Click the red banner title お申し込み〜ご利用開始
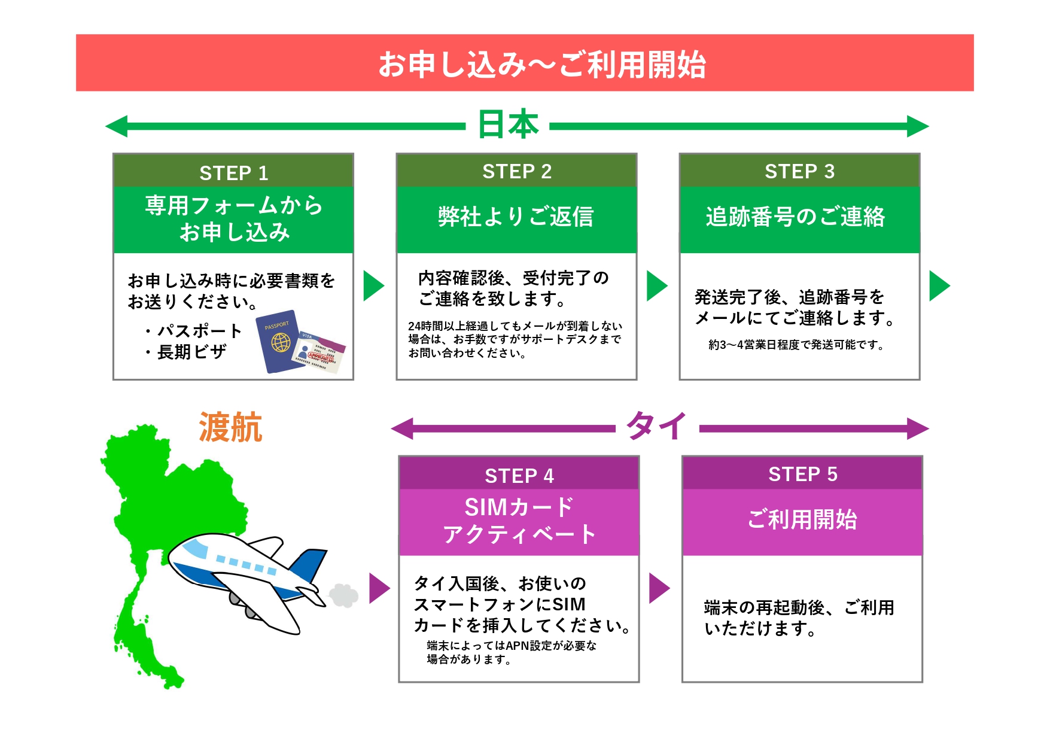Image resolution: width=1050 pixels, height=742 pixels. click(x=542, y=64)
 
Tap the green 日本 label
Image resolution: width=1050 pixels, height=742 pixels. click(x=508, y=124)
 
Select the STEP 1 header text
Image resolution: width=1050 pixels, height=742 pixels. click(x=234, y=173)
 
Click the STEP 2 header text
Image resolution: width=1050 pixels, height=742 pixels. click(x=517, y=171)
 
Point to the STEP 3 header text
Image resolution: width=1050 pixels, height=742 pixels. click(x=799, y=171)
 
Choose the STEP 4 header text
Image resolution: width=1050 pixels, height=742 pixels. click(x=519, y=476)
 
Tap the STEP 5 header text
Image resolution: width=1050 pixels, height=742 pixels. click(x=803, y=474)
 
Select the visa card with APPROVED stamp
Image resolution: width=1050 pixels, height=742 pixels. click(x=318, y=353)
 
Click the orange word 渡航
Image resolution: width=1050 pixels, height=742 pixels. click(x=230, y=427)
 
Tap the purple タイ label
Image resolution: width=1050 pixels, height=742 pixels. click(x=656, y=426)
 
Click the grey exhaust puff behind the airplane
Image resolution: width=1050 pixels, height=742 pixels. click(x=343, y=595)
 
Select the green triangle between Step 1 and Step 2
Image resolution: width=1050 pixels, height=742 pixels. click(x=373, y=286)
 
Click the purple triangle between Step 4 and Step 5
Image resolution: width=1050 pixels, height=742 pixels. click(x=659, y=588)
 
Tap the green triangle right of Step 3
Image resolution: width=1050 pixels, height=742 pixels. click(x=939, y=286)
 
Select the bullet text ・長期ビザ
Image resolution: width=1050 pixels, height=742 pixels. click(x=184, y=352)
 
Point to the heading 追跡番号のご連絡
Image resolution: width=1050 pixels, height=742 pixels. click(x=795, y=217)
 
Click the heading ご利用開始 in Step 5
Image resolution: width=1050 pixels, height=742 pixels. click(x=802, y=519)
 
